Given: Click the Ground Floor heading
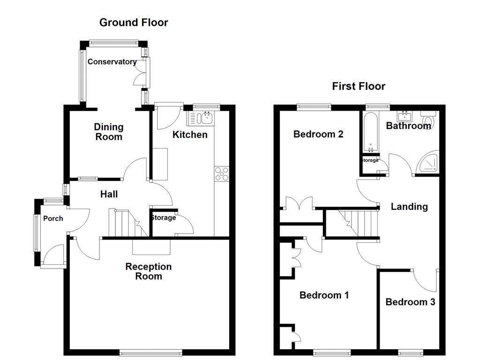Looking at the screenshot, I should (134, 22).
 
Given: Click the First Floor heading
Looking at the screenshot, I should (359, 86).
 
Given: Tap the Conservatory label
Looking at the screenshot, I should (112, 62).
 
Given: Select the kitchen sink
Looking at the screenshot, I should (201, 119).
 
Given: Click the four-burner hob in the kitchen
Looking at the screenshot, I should (221, 173).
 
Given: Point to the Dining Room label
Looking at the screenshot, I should (108, 132).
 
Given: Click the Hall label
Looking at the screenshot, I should (109, 194).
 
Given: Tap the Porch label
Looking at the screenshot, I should (53, 218).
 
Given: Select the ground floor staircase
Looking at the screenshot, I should (124, 224).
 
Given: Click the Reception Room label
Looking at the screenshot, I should (149, 271).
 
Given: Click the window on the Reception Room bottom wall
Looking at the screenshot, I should (150, 352).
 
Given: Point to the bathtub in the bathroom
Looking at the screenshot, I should (370, 133).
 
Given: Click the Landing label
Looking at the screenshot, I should (409, 207).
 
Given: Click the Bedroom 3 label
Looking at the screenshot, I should (410, 302).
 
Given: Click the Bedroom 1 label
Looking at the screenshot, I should (324, 295).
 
